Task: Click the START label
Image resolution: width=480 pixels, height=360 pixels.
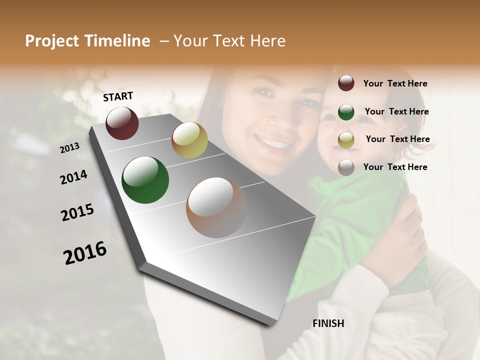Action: [118, 96]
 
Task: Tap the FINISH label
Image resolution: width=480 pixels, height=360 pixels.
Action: [328, 323]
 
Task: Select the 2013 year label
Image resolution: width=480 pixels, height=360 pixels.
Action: [70, 147]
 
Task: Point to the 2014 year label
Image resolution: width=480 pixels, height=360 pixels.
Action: [73, 177]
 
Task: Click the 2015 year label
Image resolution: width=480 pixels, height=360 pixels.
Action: [77, 212]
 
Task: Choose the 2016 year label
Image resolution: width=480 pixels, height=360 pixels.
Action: [85, 252]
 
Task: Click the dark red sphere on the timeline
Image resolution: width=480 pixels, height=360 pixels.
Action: [122, 123]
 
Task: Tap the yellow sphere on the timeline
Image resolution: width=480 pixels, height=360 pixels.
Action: [189, 140]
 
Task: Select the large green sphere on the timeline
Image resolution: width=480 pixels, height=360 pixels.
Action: [145, 180]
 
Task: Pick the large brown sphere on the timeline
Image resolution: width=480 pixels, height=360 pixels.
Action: [216, 207]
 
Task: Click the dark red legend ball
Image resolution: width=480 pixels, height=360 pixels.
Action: [346, 83]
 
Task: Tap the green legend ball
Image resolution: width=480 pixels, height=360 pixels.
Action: [346, 112]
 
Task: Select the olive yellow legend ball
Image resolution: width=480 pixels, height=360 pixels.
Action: [346, 140]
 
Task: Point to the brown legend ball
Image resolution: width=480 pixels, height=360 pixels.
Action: [346, 167]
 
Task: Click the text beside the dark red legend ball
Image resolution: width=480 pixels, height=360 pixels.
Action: [395, 83]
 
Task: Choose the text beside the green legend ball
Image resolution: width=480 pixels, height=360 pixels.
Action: [396, 111]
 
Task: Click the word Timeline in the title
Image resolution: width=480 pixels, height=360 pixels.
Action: [117, 41]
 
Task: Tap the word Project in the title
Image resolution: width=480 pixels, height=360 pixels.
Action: [52, 41]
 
